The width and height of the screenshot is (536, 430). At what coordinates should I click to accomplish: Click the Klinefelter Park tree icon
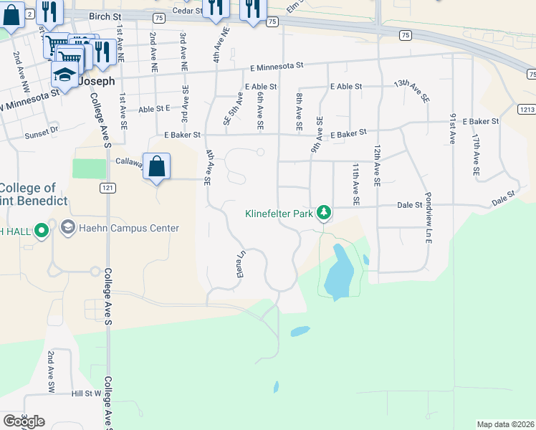tap(325, 212)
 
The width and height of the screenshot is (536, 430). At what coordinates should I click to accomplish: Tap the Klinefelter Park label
tap(280, 213)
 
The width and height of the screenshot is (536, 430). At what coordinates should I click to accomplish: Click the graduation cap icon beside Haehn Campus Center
tap(67, 228)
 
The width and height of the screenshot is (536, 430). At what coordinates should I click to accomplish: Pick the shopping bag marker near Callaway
tap(157, 167)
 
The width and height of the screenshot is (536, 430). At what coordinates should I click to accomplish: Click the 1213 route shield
tap(527, 108)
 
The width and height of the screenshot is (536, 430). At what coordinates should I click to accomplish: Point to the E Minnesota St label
tap(277, 65)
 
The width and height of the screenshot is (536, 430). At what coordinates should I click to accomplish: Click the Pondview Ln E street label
tap(428, 218)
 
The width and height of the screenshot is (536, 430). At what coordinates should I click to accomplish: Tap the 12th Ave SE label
tap(375, 166)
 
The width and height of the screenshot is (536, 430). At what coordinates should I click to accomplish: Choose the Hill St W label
tap(87, 393)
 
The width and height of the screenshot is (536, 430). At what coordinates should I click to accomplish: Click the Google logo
tap(24, 421)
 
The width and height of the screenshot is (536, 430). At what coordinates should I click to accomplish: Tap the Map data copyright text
tap(505, 424)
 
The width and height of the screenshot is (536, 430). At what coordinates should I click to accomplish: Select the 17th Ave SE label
tap(475, 154)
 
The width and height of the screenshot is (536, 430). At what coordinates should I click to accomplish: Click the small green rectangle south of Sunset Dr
tap(88, 168)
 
